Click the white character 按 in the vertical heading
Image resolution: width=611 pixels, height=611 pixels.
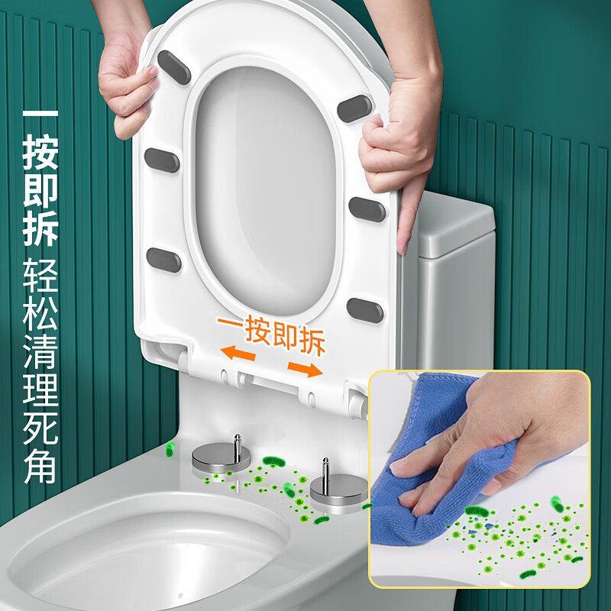click(40, 147)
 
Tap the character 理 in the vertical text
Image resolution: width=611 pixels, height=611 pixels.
click(40, 398)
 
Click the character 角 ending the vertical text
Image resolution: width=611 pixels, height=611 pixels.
click(40, 468)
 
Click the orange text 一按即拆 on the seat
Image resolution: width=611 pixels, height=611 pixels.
click(271, 331)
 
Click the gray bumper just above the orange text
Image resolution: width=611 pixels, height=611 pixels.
click(364, 309)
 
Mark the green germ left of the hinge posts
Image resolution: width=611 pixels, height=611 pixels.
click(170, 449)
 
